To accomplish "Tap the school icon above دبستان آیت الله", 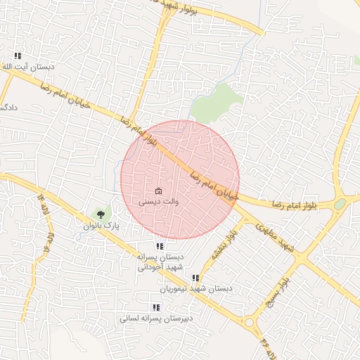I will click(18, 56).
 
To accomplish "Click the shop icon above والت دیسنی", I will click(158, 191).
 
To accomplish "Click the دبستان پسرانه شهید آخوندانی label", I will click(161, 262).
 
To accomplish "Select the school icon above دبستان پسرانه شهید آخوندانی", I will click(160, 246).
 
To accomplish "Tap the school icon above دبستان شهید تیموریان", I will click(195, 278).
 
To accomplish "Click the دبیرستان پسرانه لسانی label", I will click(157, 319).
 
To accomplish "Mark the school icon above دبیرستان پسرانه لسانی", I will click(155, 307).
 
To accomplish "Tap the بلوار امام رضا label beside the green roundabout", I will click(299, 204).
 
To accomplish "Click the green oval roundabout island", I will click(340, 204).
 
